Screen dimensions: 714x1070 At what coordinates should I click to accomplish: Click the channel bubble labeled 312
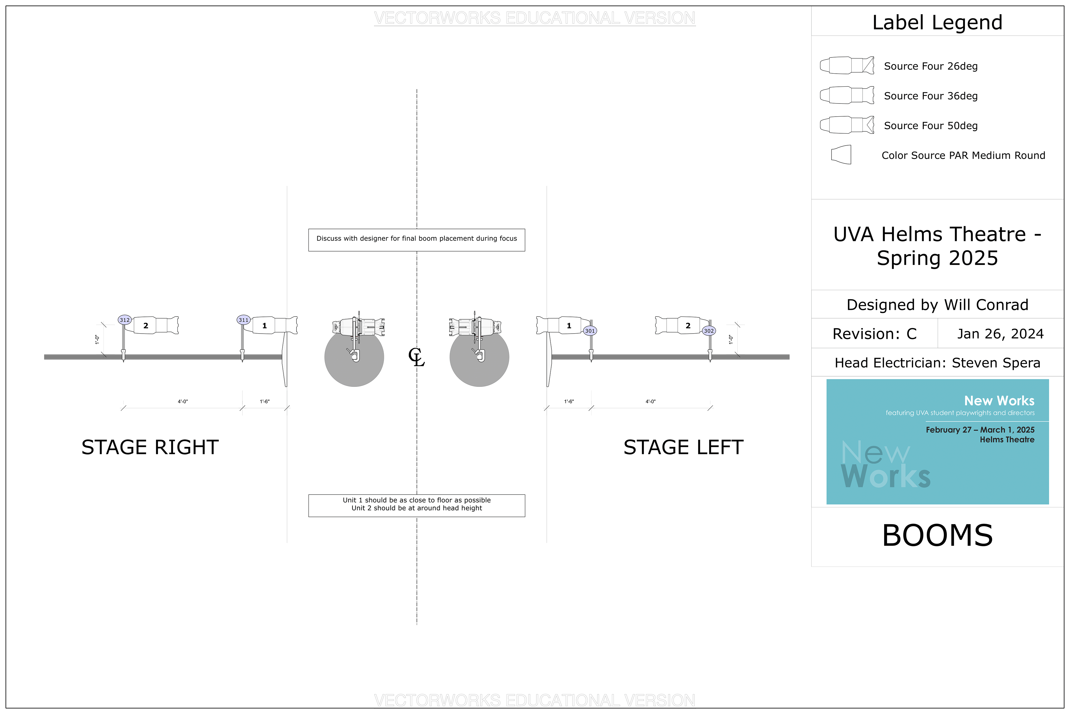[x=125, y=320]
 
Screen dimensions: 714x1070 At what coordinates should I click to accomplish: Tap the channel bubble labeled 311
[x=243, y=320]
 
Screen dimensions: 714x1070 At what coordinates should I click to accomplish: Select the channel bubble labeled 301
[x=590, y=331]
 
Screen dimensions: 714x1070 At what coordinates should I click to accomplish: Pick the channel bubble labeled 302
[x=708, y=331]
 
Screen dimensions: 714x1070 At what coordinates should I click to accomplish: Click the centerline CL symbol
[x=416, y=357]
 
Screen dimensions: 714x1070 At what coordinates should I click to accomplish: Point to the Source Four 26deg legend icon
[x=847, y=66]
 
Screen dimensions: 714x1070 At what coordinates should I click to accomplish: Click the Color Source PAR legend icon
[x=841, y=155]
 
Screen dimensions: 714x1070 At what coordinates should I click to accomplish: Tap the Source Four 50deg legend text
[x=930, y=126]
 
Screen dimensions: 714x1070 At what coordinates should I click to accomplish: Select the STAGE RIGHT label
[x=150, y=447]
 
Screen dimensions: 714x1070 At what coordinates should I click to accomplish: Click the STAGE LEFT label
[x=683, y=447]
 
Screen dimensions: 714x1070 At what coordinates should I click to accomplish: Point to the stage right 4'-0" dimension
[x=183, y=402]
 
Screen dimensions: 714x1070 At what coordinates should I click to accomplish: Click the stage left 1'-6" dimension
[x=569, y=402]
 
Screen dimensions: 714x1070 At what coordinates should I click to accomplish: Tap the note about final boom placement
[x=416, y=239]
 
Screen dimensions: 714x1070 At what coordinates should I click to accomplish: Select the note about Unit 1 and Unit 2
[x=416, y=504]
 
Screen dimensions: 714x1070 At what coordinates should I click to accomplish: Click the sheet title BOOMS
[x=937, y=535]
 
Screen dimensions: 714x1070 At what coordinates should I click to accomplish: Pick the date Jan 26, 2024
[x=1000, y=334]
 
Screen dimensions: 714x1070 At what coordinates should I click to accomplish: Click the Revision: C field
[x=874, y=334]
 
